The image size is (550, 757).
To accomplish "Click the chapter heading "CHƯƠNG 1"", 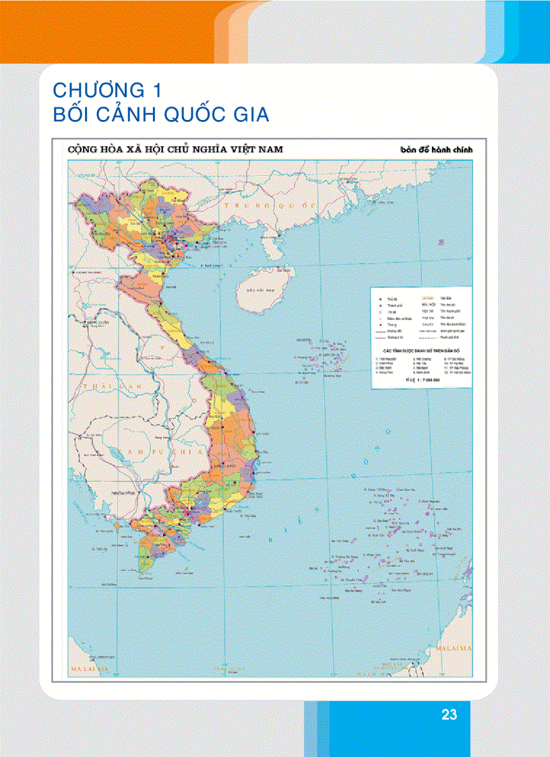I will (x=109, y=90).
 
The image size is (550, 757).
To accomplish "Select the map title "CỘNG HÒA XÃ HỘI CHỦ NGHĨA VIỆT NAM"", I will (x=174, y=149).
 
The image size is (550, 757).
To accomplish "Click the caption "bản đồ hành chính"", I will (x=437, y=150).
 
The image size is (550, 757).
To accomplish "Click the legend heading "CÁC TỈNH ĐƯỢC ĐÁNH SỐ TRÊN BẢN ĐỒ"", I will (x=420, y=351).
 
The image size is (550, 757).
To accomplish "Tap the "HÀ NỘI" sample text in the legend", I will (x=428, y=304).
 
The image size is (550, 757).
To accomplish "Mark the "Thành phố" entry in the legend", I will (x=395, y=305).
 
